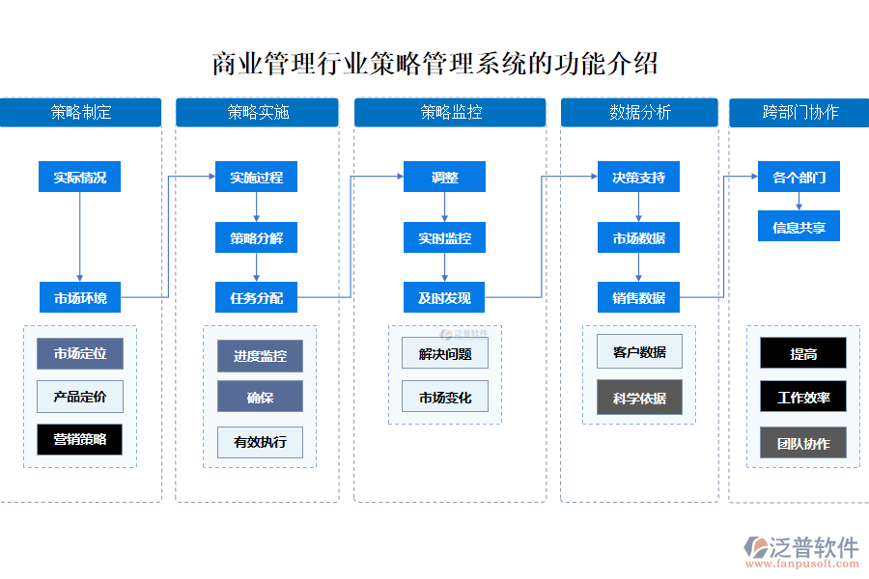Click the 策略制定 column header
click(81, 112)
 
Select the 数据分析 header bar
click(639, 112)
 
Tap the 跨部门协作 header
click(799, 112)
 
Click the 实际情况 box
click(80, 178)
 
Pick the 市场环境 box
click(80, 298)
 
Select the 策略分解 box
click(256, 238)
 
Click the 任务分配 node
click(256, 298)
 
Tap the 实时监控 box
click(444, 238)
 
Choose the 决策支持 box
click(638, 178)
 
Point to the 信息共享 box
click(799, 227)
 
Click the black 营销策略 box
click(80, 440)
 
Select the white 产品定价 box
click(80, 397)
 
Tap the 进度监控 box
click(260, 356)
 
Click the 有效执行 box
click(260, 442)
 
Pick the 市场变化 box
click(445, 397)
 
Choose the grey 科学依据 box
click(638, 398)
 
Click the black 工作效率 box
click(803, 397)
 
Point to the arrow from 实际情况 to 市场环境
click(80, 237)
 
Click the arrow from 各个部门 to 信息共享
click(799, 202)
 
